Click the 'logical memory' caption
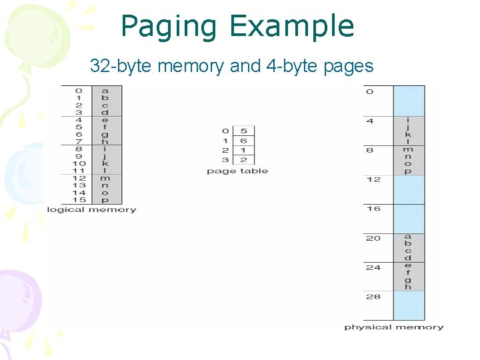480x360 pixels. (x=91, y=210)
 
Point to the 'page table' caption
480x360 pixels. (x=237, y=171)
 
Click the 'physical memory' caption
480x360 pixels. (x=393, y=327)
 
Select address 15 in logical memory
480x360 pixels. (x=79, y=200)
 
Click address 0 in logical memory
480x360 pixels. (x=79, y=91)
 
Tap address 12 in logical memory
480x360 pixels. (x=79, y=178)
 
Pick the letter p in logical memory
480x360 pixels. (x=105, y=200)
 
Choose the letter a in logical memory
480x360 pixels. (x=105, y=91)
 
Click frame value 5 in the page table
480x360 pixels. (x=244, y=131)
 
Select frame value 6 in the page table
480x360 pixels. (x=244, y=141)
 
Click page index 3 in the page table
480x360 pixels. (x=225, y=160)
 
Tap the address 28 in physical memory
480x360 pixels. (x=373, y=297)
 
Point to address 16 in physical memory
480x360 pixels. (x=373, y=209)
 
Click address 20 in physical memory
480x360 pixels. (x=373, y=238)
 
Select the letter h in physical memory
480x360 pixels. (x=408, y=287)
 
